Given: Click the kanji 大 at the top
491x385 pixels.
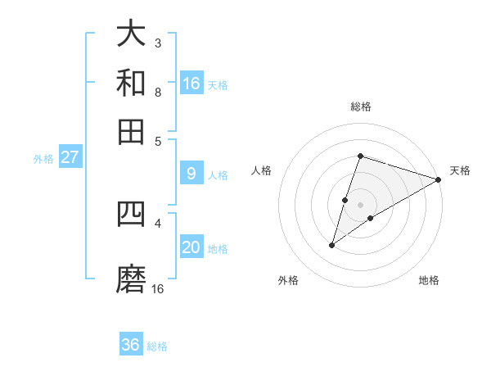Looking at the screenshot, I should pyautogui.click(x=131, y=34).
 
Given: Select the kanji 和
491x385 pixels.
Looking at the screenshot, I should pyautogui.click(x=131, y=83).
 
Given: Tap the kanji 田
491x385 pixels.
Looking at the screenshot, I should pyautogui.click(x=131, y=131).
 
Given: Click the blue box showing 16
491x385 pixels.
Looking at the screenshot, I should pyautogui.click(x=191, y=84).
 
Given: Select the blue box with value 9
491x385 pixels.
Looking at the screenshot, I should pyautogui.click(x=191, y=174).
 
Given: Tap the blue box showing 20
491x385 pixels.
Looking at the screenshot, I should pyautogui.click(x=191, y=247).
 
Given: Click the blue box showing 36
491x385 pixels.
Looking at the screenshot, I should pyautogui.click(x=131, y=345).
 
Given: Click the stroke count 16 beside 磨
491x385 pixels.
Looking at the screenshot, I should pyautogui.click(x=158, y=288).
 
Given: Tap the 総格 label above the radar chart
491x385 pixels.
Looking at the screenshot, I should pyautogui.click(x=360, y=106).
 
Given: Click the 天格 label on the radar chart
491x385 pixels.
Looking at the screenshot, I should pyautogui.click(x=460, y=170).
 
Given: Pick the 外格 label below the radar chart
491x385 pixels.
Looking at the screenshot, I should pyautogui.click(x=288, y=280).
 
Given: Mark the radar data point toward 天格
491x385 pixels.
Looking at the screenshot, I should pyautogui.click(x=439, y=180).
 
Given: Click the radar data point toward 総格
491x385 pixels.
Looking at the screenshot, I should pyautogui.click(x=360, y=156).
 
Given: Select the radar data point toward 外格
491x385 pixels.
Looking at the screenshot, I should pyautogui.click(x=332, y=244).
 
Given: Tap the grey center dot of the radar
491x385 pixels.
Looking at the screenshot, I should pyautogui.click(x=360, y=205).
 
